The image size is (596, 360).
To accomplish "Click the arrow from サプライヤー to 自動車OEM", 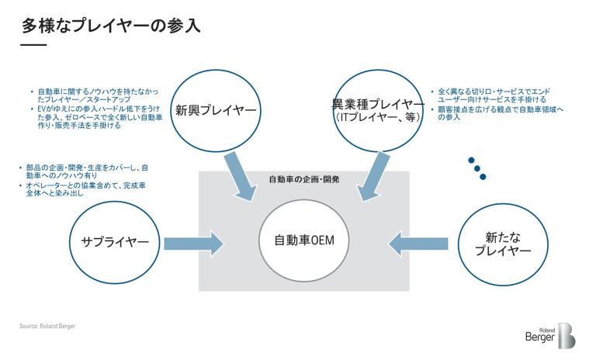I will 192,243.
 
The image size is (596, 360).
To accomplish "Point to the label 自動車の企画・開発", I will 303,179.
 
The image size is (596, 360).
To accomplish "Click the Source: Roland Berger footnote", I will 47,326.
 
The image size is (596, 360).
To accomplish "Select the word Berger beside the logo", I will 539,338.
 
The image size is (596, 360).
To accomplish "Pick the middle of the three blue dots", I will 476,168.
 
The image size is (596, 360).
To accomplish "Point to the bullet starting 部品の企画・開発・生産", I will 85,171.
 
